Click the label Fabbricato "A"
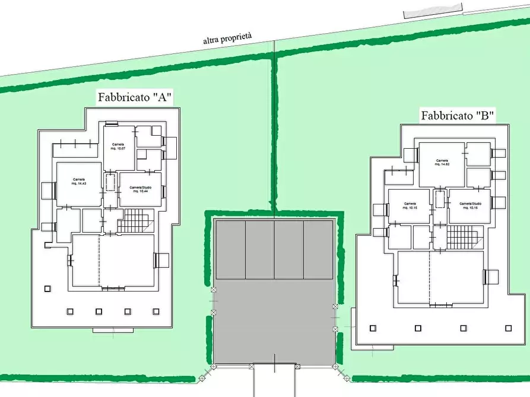click(135, 98)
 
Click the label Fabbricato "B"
click(458, 116)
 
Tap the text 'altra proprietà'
click(227, 39)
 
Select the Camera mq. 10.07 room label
click(118, 146)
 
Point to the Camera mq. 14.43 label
click(79, 181)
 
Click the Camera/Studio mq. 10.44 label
click(141, 189)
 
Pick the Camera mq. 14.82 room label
click(441, 162)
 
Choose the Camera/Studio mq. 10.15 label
click(469, 206)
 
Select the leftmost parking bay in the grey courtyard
click(230, 249)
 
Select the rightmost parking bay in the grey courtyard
click(318, 249)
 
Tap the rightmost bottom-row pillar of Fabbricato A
click(156, 310)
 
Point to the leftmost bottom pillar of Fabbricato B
click(372, 328)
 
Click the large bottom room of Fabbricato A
click(113, 261)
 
